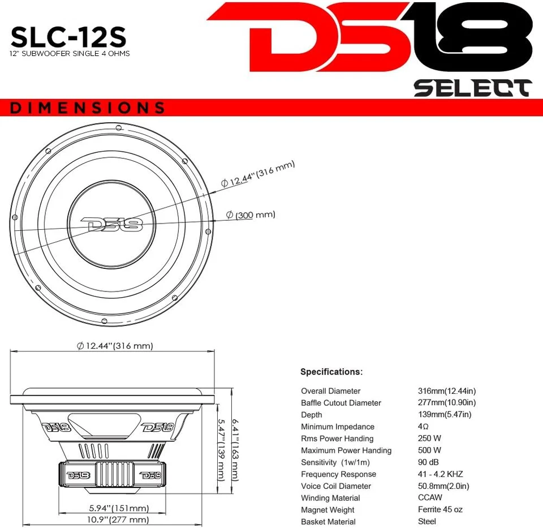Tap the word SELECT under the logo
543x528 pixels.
(472, 88)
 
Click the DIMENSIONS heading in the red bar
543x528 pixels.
(88, 108)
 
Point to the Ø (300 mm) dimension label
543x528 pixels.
(251, 215)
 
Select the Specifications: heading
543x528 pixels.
(331, 372)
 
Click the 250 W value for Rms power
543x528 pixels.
(429, 439)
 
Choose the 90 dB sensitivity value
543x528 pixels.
(428, 462)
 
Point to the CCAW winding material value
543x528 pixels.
(430, 498)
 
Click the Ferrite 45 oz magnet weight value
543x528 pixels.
(440, 509)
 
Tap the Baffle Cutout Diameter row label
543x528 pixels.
(341, 403)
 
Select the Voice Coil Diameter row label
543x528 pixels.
(336, 486)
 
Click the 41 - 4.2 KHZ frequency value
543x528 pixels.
(440, 474)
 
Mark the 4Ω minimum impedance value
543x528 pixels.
(423, 427)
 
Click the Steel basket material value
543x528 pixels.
(427, 521)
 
